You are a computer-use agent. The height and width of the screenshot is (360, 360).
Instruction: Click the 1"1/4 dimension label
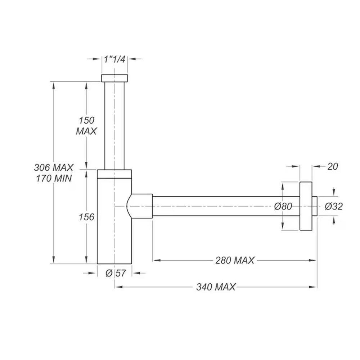114,59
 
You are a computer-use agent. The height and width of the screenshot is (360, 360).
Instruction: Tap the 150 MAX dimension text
86,126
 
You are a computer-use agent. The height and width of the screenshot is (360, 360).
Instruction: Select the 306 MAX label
54,167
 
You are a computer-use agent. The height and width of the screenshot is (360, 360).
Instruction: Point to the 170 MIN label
54,179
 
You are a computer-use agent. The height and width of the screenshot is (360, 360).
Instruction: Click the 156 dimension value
86,217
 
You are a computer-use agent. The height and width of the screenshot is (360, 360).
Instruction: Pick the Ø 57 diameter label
116,273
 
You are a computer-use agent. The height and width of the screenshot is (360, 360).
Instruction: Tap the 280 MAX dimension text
235,260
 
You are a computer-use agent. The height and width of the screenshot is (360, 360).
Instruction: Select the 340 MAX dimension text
216,287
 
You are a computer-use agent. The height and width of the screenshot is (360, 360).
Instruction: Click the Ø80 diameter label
283,206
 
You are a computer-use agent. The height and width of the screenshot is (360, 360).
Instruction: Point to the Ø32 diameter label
334,206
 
